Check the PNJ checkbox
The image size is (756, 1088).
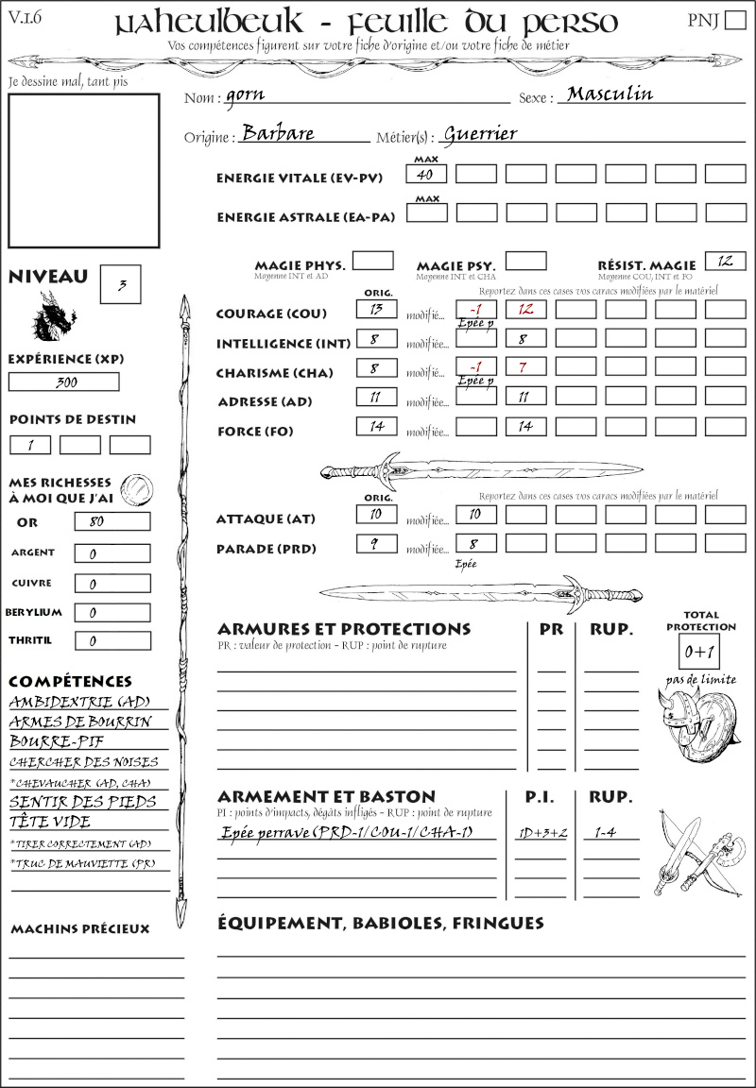click(x=734, y=21)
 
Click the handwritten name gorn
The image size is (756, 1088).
click(x=244, y=95)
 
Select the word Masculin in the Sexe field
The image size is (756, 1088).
click(x=610, y=93)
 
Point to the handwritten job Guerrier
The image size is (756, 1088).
click(x=480, y=133)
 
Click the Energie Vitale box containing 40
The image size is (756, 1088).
click(x=426, y=174)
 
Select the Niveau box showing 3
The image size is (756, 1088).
click(x=122, y=284)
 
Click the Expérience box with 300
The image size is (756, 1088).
click(x=64, y=382)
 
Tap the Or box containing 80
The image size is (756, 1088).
click(x=112, y=522)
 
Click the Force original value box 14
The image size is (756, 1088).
click(x=377, y=426)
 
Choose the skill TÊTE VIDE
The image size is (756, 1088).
click(x=50, y=822)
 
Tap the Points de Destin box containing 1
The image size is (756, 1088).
click(x=30, y=445)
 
